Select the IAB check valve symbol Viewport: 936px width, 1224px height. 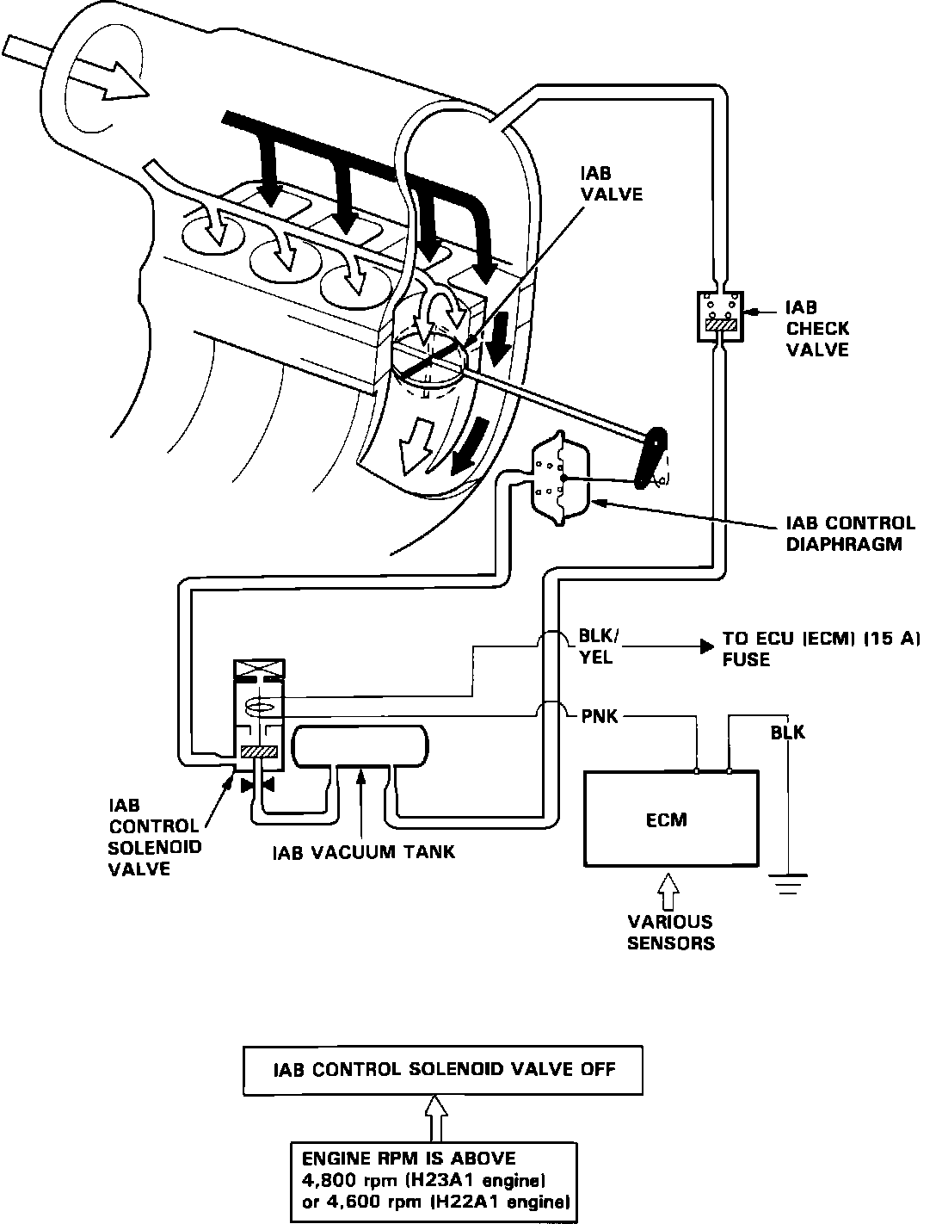[720, 316]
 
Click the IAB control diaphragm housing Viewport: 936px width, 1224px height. [560, 479]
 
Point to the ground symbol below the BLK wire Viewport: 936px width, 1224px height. [788, 884]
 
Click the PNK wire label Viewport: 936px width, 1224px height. [600, 716]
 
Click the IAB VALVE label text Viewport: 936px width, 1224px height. [611, 184]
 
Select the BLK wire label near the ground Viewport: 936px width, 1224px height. [788, 733]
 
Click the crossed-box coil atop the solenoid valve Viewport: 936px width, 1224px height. [260, 669]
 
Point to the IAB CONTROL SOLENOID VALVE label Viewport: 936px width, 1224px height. [154, 837]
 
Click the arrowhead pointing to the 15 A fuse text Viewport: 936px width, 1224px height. [707, 646]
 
